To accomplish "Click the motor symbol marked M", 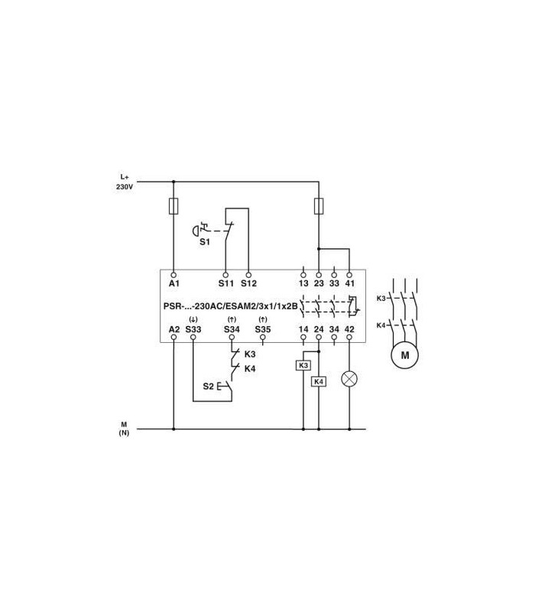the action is [405, 355].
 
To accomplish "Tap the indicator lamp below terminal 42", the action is [349, 379].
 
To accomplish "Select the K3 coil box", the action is [303, 366].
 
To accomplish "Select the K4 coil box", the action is [319, 381].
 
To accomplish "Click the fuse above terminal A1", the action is [173, 206].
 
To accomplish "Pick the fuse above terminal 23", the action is [319, 206].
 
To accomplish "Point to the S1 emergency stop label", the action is [205, 242].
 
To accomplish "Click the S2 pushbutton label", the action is [208, 386].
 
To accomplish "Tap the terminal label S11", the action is [225, 283].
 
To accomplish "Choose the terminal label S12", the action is [248, 283].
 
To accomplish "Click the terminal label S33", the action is [193, 329].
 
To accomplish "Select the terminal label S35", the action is [263, 329].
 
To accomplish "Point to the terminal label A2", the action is [174, 329].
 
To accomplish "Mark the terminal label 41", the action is [349, 283].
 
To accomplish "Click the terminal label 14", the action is [303, 329].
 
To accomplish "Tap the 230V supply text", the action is [125, 187].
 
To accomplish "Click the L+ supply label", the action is [125, 177].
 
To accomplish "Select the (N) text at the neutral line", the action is [124, 432].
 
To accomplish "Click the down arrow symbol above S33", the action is [193, 319].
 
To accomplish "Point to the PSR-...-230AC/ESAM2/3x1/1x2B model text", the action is [231, 306].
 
